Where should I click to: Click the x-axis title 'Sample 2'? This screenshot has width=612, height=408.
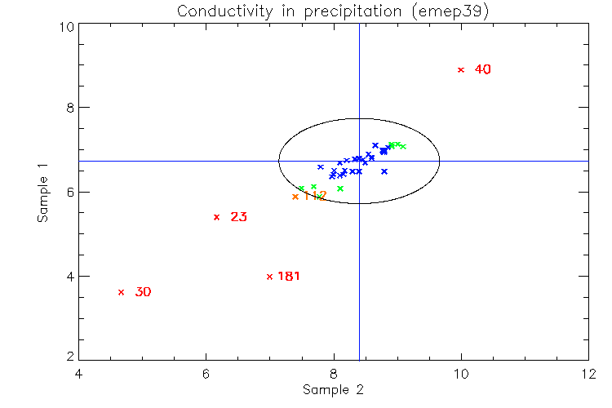[x=333, y=389]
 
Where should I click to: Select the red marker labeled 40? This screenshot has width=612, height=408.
[x=461, y=70]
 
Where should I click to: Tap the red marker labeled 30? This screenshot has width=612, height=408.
[x=121, y=292]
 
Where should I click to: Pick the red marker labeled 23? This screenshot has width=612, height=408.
[x=216, y=217]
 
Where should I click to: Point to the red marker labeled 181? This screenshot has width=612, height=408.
[x=269, y=277]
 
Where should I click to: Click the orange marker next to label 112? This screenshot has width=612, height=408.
[x=295, y=197]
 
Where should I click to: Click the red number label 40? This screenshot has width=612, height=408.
[x=482, y=70]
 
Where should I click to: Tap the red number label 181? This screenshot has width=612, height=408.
[x=289, y=277]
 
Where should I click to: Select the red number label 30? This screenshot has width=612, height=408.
[x=143, y=292]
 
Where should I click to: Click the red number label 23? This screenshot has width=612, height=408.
[x=238, y=217]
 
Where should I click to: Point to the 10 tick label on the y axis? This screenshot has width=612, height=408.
[x=67, y=26]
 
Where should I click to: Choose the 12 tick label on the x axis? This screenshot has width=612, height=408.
[x=588, y=374]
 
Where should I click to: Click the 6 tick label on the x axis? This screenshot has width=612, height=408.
[x=206, y=374]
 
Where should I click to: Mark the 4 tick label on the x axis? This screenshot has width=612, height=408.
[x=78, y=374]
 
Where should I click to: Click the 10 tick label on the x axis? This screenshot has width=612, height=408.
[x=460, y=374]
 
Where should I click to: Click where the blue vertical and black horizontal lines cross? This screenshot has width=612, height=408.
[x=360, y=161]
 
